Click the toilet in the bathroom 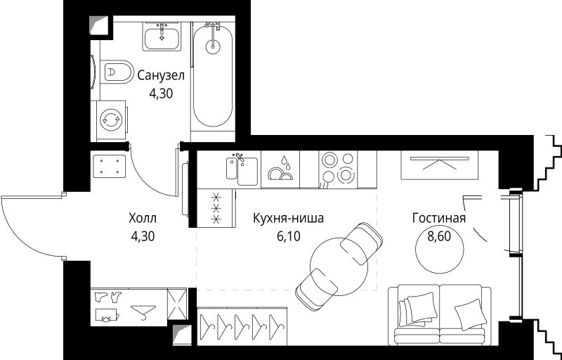[x=117, y=71]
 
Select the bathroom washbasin [x=162, y=35]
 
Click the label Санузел [x=161, y=75]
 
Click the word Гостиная [x=438, y=219]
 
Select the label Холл [x=143, y=219]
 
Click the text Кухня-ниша [x=288, y=219]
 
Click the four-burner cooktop [x=338, y=169]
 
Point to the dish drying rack [x=280, y=169]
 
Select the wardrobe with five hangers [x=242, y=326]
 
